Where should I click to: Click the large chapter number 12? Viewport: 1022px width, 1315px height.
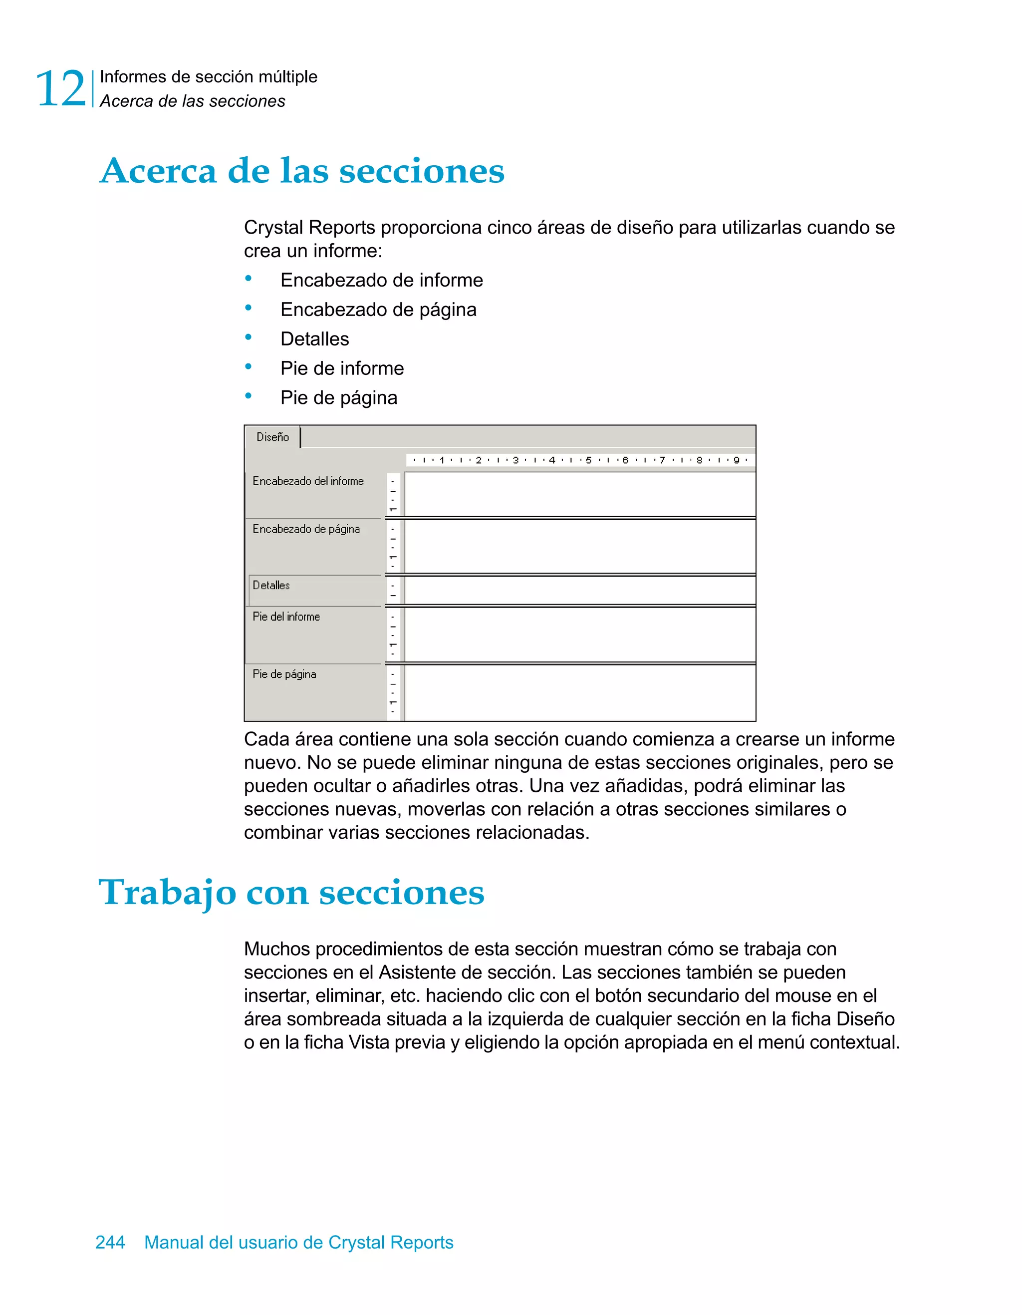click(x=61, y=89)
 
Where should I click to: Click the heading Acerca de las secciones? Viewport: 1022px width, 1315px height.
click(x=302, y=171)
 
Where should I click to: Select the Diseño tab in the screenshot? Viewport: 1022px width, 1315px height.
click(x=272, y=437)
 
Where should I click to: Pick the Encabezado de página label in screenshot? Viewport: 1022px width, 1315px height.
click(x=306, y=529)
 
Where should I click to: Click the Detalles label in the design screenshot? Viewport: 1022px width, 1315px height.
click(x=271, y=585)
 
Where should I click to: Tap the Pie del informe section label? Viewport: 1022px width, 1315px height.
click(x=286, y=617)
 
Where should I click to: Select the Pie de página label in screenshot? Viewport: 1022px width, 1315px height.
click(x=284, y=674)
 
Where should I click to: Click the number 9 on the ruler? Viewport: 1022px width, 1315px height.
click(x=736, y=460)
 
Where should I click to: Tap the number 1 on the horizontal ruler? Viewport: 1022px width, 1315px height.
click(x=442, y=460)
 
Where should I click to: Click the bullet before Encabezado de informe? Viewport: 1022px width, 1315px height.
click(x=248, y=279)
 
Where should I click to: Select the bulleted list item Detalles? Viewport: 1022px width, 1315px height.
click(x=314, y=339)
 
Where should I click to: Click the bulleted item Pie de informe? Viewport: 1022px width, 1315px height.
click(x=342, y=368)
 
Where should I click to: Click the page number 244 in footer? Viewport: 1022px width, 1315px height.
click(x=110, y=1242)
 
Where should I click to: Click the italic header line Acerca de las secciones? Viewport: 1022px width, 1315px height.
click(x=193, y=101)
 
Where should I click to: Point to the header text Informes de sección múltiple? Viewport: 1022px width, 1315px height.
click(x=208, y=77)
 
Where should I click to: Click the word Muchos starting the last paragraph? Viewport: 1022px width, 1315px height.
click(x=277, y=949)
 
